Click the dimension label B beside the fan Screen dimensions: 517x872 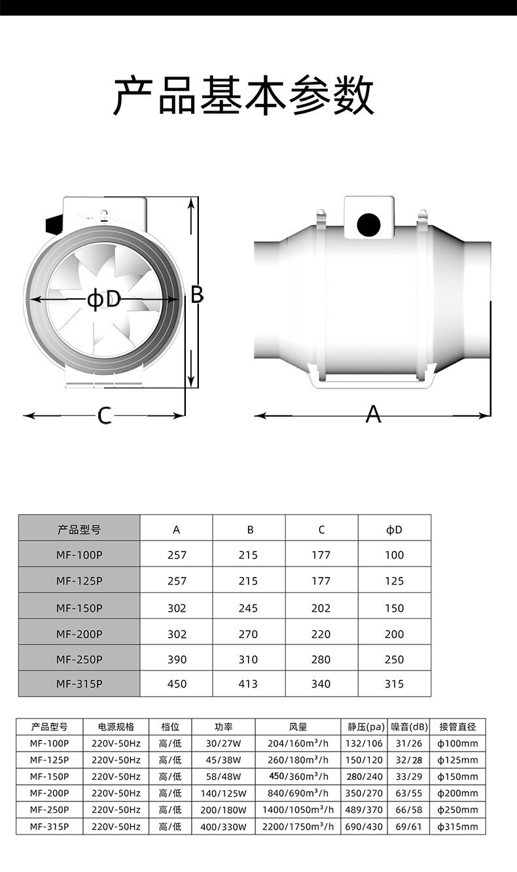pos(197,294)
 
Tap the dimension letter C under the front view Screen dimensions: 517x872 pos(104,415)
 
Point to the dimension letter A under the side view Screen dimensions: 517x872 pos(373,414)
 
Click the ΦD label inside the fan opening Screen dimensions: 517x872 pos(104,300)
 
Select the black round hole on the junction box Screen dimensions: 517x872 pos(368,224)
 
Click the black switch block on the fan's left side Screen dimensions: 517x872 pos(54,224)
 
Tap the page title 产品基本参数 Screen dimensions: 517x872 pos(243,95)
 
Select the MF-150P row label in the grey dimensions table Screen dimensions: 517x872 pos(79,608)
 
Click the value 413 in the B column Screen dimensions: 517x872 pos(248,684)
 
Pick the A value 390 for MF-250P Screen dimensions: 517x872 pos(177,659)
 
